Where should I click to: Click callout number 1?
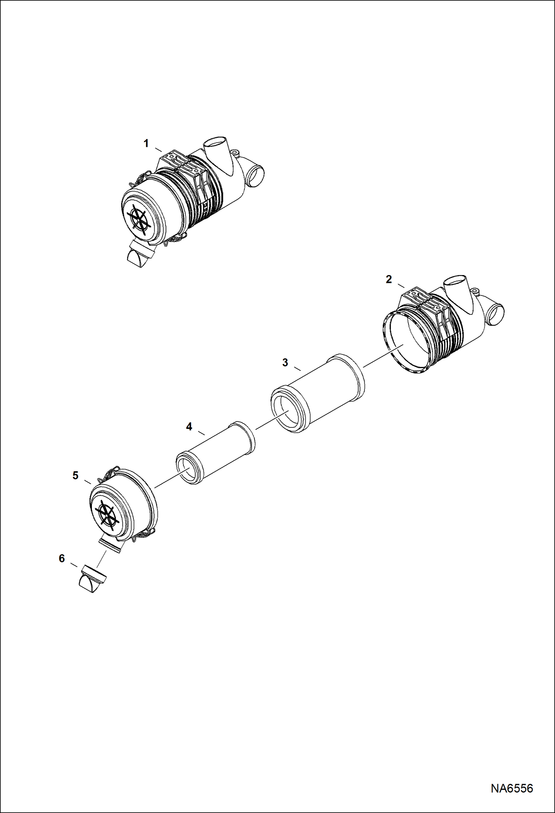[146, 143]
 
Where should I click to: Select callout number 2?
[388, 279]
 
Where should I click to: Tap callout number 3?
[285, 363]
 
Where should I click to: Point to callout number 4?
[189, 427]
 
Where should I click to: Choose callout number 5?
[76, 475]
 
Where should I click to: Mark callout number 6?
[62, 558]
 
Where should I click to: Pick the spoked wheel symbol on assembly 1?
[139, 219]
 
